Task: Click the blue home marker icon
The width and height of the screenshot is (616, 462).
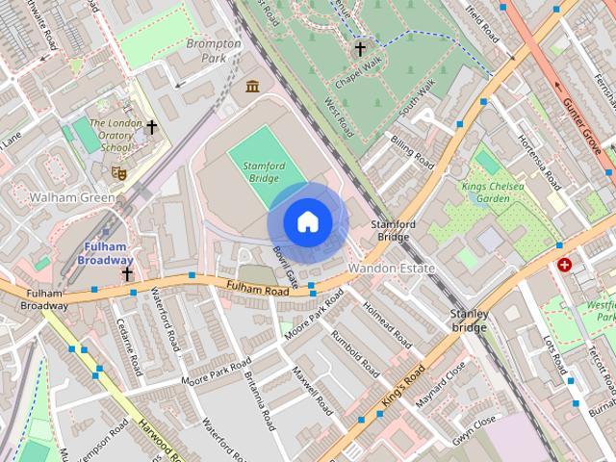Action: (307, 222)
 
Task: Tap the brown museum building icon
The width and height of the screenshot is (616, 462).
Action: (253, 88)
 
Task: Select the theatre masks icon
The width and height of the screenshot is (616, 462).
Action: (120, 172)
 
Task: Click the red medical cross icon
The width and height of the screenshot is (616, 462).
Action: (564, 264)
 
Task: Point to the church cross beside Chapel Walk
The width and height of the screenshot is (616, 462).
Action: (360, 47)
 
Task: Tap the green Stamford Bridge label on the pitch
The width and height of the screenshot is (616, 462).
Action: (264, 172)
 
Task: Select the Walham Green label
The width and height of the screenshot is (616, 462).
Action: (72, 197)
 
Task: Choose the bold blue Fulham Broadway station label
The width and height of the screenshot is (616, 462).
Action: (107, 253)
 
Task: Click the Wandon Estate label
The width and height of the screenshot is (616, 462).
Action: (392, 268)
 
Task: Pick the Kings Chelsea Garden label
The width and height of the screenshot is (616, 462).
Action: (493, 192)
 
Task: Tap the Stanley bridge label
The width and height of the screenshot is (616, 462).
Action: (469, 321)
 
